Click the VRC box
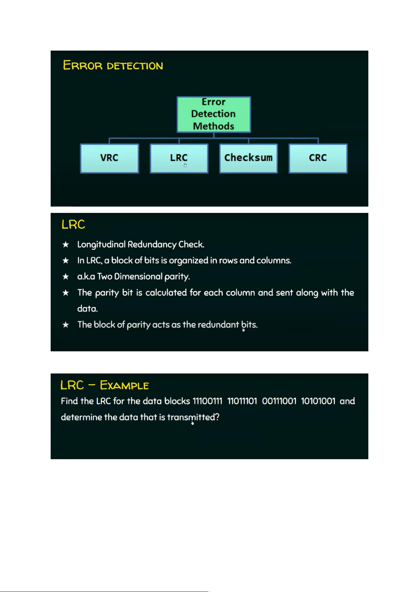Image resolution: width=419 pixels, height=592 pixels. [109, 158]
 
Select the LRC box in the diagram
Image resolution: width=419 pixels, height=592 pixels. [179, 158]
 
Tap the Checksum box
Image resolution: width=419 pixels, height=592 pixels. [248, 158]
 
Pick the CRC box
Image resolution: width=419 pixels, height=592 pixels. [318, 158]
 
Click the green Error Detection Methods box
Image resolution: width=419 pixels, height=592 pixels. [214, 114]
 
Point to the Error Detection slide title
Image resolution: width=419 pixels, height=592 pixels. [113, 66]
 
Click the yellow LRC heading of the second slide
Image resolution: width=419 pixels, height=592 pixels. [73, 225]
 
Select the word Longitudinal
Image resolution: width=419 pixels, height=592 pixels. [101, 245]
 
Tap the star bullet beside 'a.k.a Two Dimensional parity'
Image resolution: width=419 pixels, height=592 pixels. [66, 277]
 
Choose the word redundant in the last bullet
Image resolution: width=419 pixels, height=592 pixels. [218, 325]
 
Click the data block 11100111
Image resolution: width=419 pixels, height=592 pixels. [208, 401]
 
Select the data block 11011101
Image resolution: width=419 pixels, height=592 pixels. [242, 401]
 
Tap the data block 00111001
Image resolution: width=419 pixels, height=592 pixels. [279, 401]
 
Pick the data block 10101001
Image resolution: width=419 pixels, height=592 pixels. [318, 401]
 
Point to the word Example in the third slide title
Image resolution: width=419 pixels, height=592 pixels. [124, 385]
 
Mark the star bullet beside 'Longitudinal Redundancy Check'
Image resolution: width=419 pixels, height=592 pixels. [66, 245]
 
